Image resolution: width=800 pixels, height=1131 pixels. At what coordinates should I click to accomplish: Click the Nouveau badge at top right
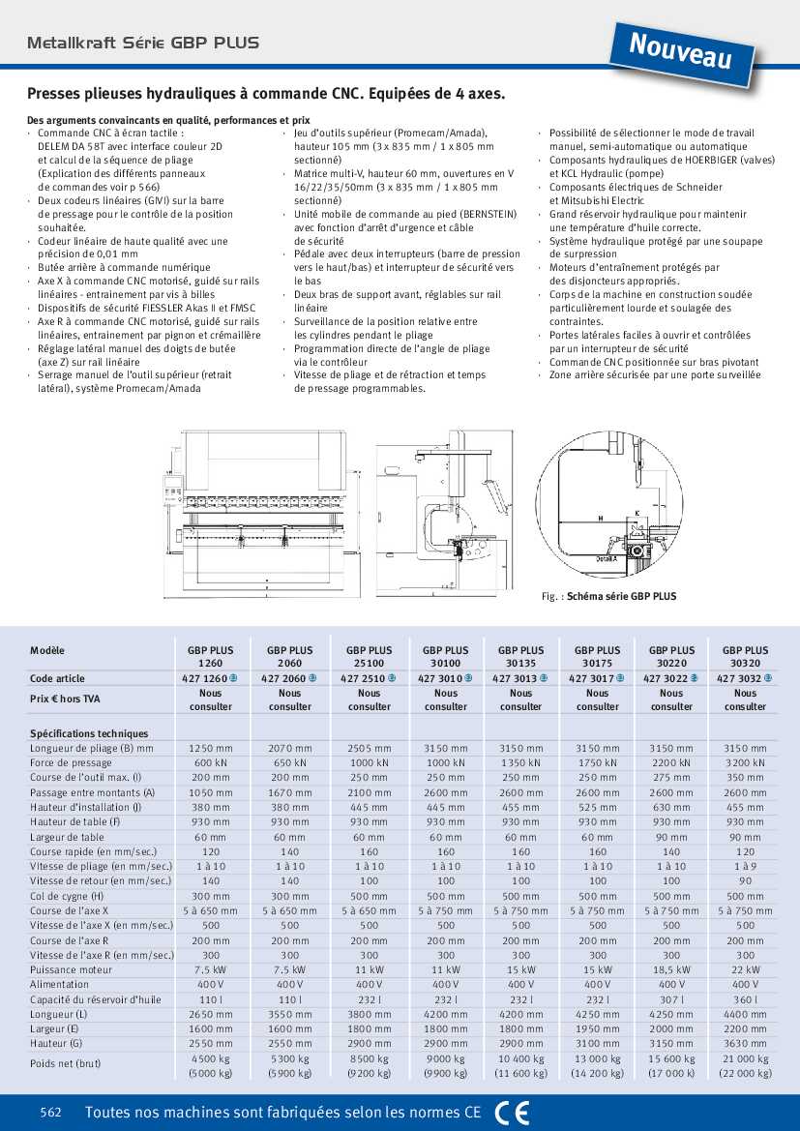[680, 50]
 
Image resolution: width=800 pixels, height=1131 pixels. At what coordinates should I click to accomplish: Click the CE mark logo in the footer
[512, 1113]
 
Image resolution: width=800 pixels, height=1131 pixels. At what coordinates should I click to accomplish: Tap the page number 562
[51, 1113]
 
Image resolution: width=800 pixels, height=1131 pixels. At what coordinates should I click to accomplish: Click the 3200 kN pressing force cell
[745, 762]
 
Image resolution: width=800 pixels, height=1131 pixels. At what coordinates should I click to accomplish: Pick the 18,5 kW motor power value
[671, 969]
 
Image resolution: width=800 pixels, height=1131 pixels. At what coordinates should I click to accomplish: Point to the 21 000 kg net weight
[745, 1058]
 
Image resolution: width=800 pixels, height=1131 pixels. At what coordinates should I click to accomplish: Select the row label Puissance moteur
[71, 969]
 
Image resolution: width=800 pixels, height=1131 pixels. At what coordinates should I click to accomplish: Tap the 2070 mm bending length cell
[290, 748]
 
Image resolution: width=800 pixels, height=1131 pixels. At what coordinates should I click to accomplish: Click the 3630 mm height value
[745, 1044]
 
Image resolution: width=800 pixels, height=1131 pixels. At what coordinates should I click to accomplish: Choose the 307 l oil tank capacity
[671, 999]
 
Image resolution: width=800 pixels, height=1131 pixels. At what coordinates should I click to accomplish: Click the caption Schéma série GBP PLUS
[621, 597]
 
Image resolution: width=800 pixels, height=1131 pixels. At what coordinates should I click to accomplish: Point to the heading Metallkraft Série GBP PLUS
[143, 43]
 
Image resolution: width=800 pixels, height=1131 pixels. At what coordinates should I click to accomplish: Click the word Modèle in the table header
[47, 650]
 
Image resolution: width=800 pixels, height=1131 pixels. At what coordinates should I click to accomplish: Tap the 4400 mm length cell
[745, 1014]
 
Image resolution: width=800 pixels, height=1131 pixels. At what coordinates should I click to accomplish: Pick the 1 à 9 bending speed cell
[745, 866]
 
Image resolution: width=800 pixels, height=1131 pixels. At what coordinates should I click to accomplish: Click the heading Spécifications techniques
[89, 733]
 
